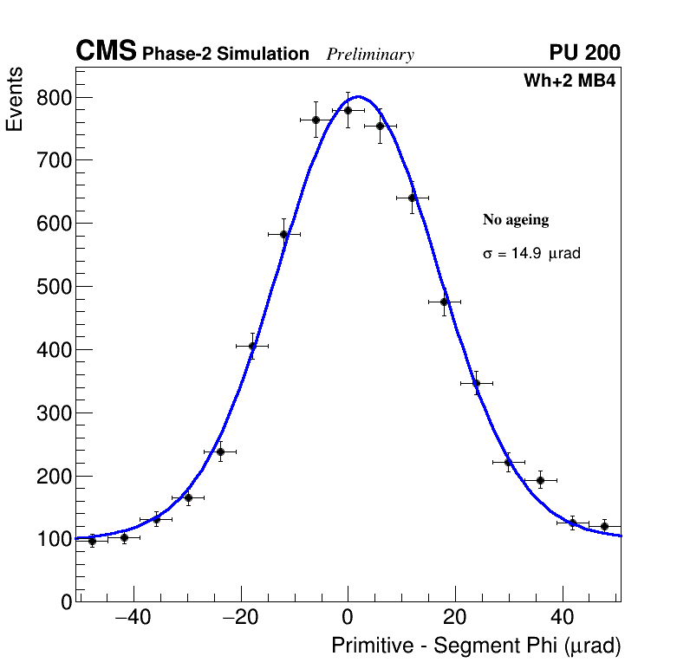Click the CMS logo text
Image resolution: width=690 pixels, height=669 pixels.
coord(106,52)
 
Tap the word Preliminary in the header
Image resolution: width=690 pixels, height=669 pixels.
coord(370,55)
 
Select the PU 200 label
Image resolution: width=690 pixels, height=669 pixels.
coord(584,53)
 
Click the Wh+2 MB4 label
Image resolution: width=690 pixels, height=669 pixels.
coord(570,81)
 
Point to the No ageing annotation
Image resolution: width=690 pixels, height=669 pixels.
coord(516,220)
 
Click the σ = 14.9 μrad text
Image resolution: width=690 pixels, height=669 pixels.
coord(531,254)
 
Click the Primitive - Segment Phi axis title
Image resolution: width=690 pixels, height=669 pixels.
coord(476,646)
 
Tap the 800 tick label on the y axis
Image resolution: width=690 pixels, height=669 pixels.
coord(54,97)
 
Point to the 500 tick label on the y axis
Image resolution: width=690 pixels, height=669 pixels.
coord(54,287)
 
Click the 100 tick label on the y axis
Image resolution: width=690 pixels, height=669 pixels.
coord(54,539)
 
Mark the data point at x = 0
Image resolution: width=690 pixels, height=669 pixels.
coord(348,110)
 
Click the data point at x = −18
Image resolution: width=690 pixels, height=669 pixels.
coord(252,346)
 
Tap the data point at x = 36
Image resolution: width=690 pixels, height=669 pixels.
coord(540,479)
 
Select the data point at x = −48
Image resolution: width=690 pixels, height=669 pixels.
coord(92,541)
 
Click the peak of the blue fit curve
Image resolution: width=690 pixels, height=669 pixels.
coord(358,96)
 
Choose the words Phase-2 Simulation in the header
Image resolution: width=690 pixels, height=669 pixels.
coord(225,55)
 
